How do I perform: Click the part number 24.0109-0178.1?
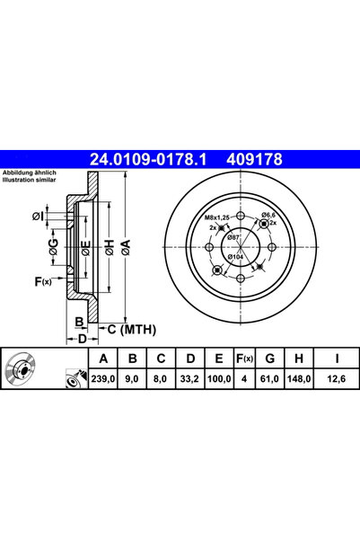tap(148, 159)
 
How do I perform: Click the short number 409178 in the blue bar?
tap(254, 159)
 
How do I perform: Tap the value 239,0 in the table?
tap(103, 379)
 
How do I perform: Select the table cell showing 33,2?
tap(189, 379)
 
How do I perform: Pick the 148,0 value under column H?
tap(299, 379)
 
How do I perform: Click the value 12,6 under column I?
tap(337, 379)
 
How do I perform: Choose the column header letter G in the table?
tap(270, 359)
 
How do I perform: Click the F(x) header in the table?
tap(244, 359)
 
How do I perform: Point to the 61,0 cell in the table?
tap(270, 379)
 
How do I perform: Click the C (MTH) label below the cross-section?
tap(132, 330)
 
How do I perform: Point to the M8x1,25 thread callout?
tap(217, 217)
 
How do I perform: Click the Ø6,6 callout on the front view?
tap(268, 216)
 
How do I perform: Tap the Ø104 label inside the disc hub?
tap(235, 257)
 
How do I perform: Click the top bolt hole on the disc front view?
tap(241, 217)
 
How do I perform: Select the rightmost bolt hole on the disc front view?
tap(272, 247)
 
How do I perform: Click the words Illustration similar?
tap(29, 180)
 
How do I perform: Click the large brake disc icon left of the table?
tap(21, 369)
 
